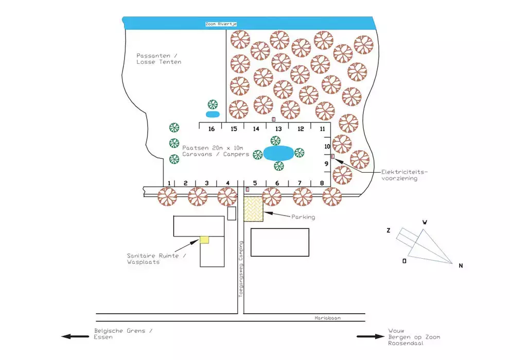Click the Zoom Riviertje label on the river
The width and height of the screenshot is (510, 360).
pos(221,24)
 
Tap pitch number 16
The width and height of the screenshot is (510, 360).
pos(212,129)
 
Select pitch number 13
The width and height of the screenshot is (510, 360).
pos(278,129)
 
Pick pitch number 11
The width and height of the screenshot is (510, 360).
pos(322,129)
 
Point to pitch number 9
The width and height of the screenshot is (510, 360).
pos(326,164)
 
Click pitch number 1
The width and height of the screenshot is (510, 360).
pos(169,183)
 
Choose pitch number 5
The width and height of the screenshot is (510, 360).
pos(255,183)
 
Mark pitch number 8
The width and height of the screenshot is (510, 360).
pos(322,183)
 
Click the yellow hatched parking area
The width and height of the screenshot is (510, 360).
pos(253,209)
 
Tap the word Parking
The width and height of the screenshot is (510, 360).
pos(303,217)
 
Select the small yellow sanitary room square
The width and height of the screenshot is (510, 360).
pos(204,240)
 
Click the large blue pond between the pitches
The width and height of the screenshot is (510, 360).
pos(278,153)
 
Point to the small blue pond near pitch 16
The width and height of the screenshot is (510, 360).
pos(213,114)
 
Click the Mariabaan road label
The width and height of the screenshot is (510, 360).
pos(327,318)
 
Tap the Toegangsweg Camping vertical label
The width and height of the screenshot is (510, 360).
pos(241,268)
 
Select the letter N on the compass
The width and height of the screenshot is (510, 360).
pos(461,266)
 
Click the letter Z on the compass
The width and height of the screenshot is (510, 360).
pos(389,230)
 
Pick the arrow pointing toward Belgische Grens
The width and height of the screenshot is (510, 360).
pos(75,337)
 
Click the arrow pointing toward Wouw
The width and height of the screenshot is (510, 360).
pos(371,337)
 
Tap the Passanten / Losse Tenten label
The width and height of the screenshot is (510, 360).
pos(159,59)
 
